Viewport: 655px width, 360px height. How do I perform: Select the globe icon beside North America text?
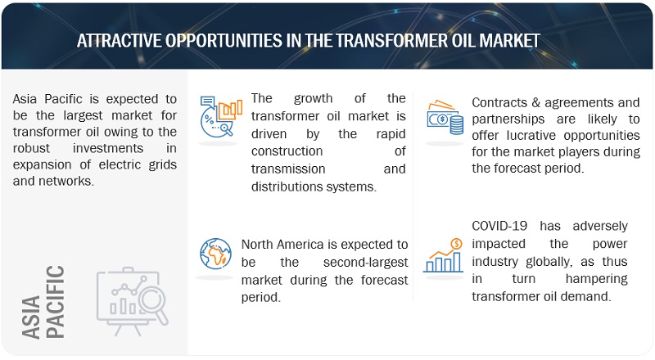point(215,254)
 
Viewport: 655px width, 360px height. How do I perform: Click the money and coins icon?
point(445,117)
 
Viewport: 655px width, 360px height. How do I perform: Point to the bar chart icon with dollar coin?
point(444,255)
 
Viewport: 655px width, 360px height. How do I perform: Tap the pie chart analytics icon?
point(220,116)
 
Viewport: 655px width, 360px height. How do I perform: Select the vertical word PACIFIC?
point(55,302)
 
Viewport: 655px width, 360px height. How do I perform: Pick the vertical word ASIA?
point(31,317)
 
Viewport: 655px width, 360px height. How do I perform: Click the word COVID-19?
point(499,226)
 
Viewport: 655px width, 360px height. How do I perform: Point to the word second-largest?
point(365,263)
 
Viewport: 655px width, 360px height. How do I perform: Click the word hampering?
point(597,278)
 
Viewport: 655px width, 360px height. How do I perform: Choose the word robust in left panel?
point(31,148)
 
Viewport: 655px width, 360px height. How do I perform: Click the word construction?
point(287,151)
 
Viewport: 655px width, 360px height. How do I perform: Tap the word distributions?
point(285,187)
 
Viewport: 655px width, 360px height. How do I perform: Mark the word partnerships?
point(508,119)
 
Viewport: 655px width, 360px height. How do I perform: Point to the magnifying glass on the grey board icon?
point(153,302)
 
